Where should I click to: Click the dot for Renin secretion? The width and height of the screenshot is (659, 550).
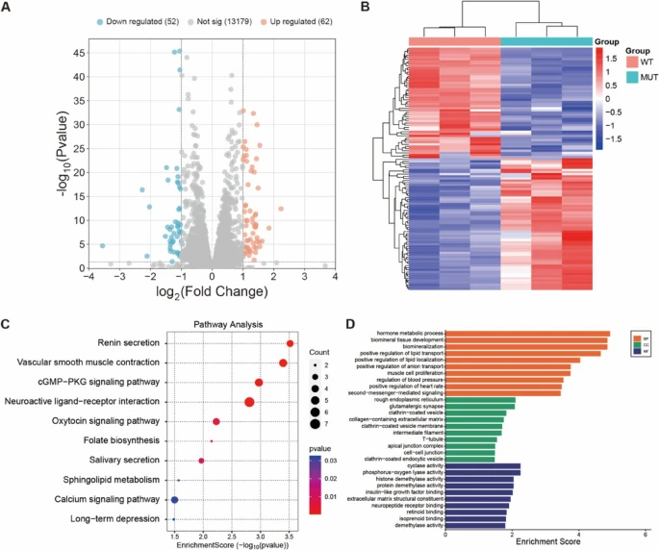[x=290, y=343]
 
